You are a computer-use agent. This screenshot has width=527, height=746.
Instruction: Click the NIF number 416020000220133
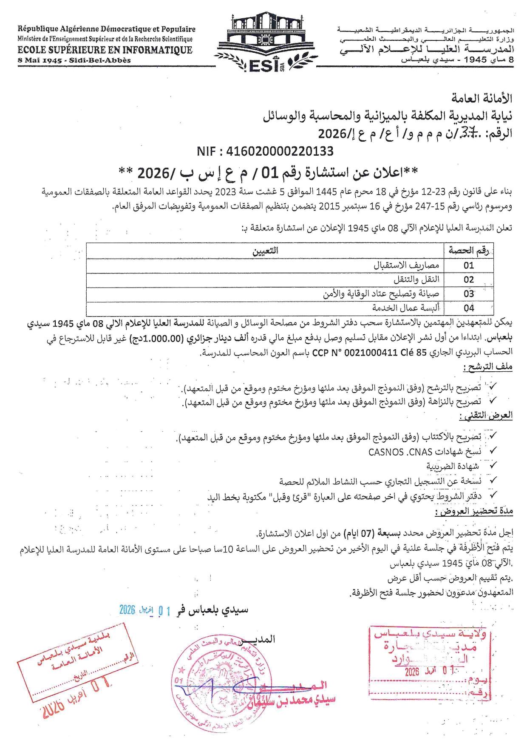[x=265, y=151]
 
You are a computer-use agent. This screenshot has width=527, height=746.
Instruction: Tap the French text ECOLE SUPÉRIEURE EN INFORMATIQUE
[x=105, y=50]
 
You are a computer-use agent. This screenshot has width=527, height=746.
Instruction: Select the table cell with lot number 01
[x=468, y=265]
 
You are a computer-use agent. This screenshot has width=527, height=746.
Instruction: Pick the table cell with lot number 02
[x=468, y=279]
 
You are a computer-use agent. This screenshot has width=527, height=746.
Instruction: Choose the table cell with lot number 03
[x=468, y=294]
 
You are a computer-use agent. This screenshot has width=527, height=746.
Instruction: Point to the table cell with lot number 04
[x=468, y=308]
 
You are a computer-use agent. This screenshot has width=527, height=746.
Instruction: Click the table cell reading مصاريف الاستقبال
[x=406, y=265]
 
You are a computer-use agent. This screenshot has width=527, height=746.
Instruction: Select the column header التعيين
[x=265, y=251]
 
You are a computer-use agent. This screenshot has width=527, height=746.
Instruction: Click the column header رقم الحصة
[x=468, y=251]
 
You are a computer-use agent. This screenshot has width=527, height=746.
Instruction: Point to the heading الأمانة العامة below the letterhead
[x=482, y=98]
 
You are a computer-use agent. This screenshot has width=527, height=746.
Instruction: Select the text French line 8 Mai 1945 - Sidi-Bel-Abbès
[x=74, y=60]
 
